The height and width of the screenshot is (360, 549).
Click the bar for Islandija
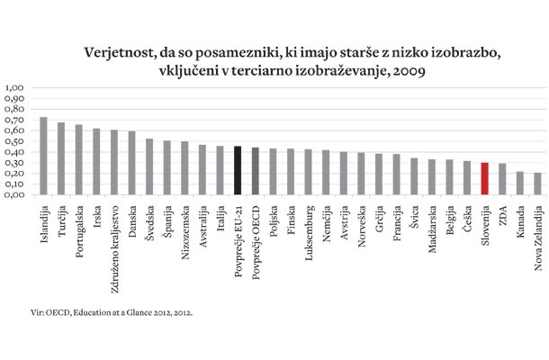[44, 156]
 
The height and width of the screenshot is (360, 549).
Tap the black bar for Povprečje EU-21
[238, 170]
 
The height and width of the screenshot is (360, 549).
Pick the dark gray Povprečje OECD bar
[256, 171]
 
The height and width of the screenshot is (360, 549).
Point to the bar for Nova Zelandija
[537, 184]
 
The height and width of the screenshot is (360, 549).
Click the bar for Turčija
[61, 158]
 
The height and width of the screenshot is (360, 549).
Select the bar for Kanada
[519, 184]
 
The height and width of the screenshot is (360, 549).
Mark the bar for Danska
[131, 163]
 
